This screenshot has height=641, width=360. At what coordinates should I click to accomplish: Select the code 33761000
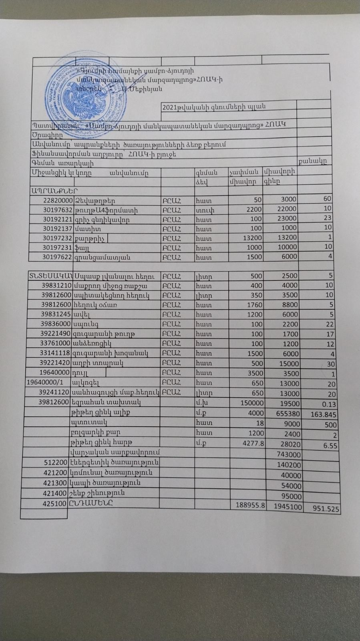pos(55,344)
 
